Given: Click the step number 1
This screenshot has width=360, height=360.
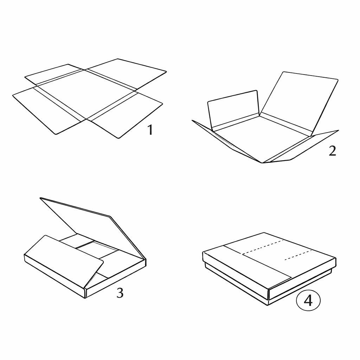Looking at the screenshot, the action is pyautogui.click(x=150, y=130).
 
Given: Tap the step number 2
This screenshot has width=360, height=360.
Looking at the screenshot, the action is pyautogui.click(x=332, y=151).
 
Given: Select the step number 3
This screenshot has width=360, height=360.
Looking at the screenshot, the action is pyautogui.click(x=120, y=293).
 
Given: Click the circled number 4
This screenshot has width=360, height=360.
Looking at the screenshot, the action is pyautogui.click(x=308, y=300).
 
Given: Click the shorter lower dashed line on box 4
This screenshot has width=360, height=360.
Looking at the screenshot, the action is pyautogui.click(x=298, y=255).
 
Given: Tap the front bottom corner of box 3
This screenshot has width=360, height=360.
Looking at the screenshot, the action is pyautogui.click(x=85, y=298).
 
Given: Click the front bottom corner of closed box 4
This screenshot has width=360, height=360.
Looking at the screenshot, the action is pyautogui.click(x=268, y=305).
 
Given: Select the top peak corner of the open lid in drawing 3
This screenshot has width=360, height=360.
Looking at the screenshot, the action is pyautogui.click(x=40, y=198).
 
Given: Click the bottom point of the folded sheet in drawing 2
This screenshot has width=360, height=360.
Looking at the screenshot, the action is pyautogui.click(x=262, y=163).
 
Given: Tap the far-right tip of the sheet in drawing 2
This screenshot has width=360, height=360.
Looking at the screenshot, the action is pyautogui.click(x=339, y=130).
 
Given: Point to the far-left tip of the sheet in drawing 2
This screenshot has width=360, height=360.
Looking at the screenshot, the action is pyautogui.click(x=192, y=120).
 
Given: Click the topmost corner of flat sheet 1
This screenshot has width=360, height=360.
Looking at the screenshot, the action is pyautogui.click(x=118, y=59).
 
